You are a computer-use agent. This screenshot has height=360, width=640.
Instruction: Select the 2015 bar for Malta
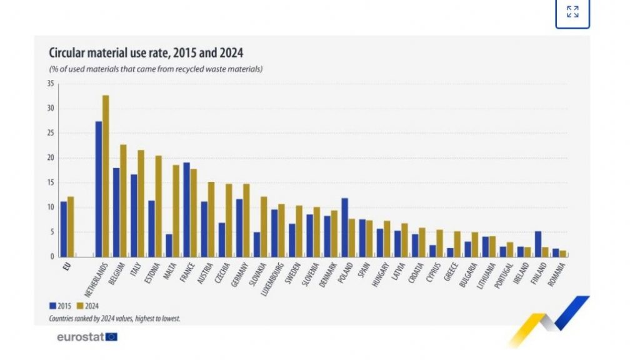[169, 245]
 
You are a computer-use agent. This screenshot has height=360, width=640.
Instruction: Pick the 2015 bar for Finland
[537, 244]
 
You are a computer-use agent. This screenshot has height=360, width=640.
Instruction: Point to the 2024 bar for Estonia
[158, 206]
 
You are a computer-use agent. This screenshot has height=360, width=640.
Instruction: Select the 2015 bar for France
[186, 209]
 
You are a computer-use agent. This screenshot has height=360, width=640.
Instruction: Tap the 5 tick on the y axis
[52, 232]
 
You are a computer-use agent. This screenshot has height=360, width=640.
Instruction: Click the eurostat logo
[86, 337]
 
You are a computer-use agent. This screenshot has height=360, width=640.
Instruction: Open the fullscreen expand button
[572, 12]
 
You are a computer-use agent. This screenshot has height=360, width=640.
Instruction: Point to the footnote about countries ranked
[114, 318]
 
